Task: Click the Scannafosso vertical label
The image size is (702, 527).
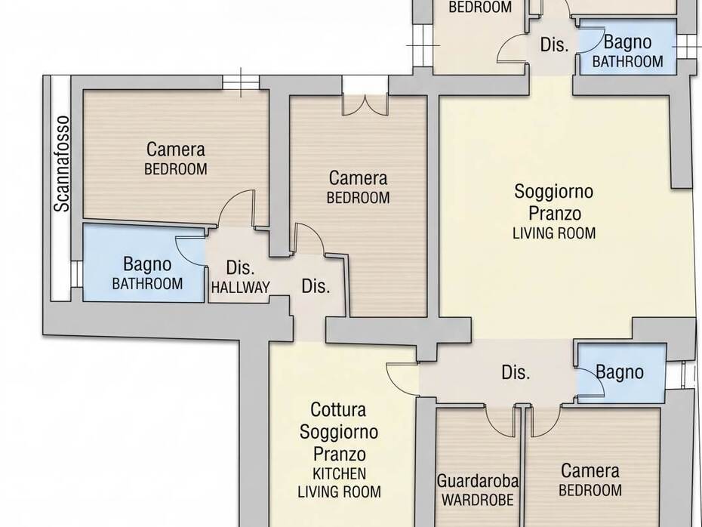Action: coord(62,163)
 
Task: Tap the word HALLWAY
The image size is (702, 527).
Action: coord(241,288)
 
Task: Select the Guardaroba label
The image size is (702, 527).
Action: coord(478,481)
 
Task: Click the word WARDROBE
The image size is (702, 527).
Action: coord(478,500)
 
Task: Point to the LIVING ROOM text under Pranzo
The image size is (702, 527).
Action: coord(554,233)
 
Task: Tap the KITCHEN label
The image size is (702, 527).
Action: coord(340,473)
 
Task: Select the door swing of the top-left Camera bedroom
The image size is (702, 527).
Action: coord(237,209)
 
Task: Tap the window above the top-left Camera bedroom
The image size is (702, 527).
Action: coord(241,82)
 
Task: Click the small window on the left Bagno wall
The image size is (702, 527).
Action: coord(76,274)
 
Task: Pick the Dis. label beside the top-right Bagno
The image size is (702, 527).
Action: coord(554,45)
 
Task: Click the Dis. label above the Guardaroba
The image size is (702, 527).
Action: coord(516,372)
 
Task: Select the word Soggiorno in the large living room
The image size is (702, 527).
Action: coord(554,191)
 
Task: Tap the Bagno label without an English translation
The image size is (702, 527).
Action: coord(620,372)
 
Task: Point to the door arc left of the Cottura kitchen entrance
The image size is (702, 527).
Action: coord(402,379)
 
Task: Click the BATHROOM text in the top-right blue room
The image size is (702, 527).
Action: coord(628,61)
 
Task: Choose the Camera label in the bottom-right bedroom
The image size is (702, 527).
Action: coord(590,471)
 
